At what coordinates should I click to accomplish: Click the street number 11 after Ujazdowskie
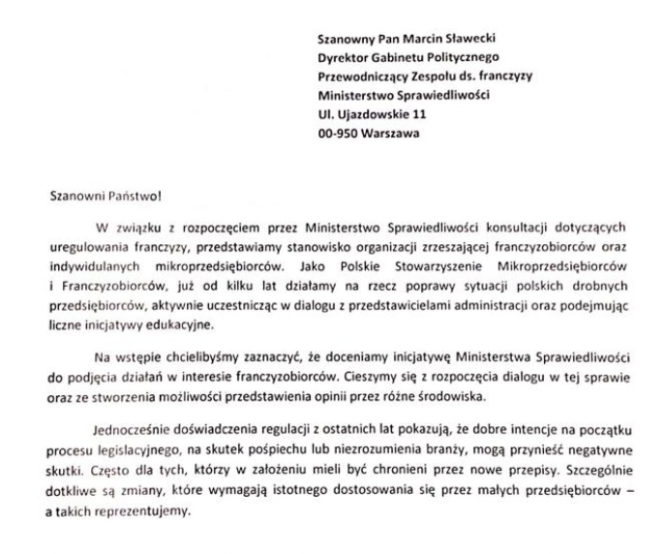(x=419, y=114)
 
